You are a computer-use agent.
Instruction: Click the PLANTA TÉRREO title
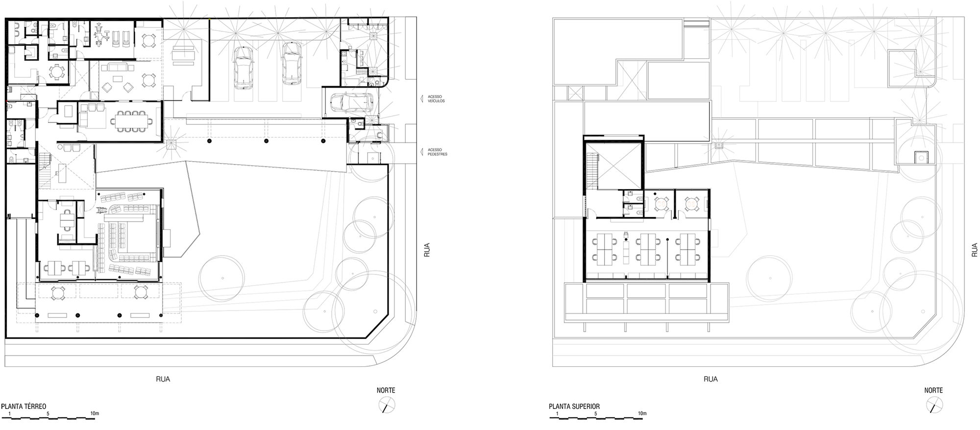24,406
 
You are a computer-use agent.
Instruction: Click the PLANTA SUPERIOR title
574,406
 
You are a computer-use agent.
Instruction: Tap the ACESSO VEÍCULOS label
436,99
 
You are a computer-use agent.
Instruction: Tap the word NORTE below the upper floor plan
933,390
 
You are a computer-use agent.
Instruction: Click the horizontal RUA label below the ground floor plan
163,379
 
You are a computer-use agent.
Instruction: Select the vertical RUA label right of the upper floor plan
974,250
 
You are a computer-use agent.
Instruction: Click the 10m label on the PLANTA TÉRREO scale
95,413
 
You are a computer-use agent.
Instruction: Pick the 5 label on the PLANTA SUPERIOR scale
596,413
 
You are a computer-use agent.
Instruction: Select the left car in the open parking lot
244,68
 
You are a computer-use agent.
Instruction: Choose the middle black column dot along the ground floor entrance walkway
266,141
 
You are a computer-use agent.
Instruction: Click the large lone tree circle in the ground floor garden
222,278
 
